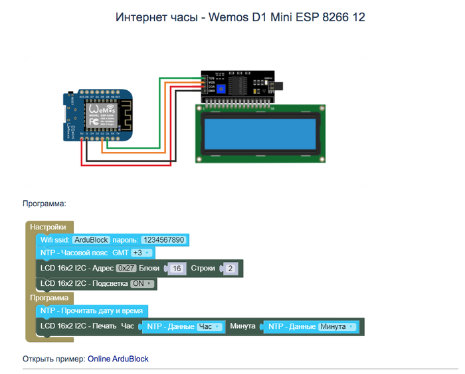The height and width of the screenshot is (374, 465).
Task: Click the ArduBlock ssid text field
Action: coord(90,240)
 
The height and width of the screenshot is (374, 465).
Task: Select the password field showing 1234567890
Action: coord(163,240)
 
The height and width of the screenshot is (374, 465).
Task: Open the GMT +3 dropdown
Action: coord(141,253)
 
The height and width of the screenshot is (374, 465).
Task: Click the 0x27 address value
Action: coord(126,269)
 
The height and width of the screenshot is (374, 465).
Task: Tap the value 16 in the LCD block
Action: coord(176,269)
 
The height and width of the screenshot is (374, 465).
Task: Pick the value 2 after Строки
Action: coord(230,269)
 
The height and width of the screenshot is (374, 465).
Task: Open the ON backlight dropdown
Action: coord(142,284)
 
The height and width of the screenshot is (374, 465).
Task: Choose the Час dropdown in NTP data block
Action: coord(209,327)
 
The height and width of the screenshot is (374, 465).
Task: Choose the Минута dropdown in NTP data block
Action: coord(337,327)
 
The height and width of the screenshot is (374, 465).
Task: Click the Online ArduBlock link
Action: coord(118,359)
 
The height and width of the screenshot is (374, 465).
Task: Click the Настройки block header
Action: coord(48,227)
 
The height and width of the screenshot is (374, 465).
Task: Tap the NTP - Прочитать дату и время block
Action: coord(91,310)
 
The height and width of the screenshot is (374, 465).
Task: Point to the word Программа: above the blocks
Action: coord(45,205)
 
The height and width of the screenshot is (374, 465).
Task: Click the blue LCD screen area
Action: coord(260,132)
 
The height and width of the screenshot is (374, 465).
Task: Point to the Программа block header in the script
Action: coord(48,298)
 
